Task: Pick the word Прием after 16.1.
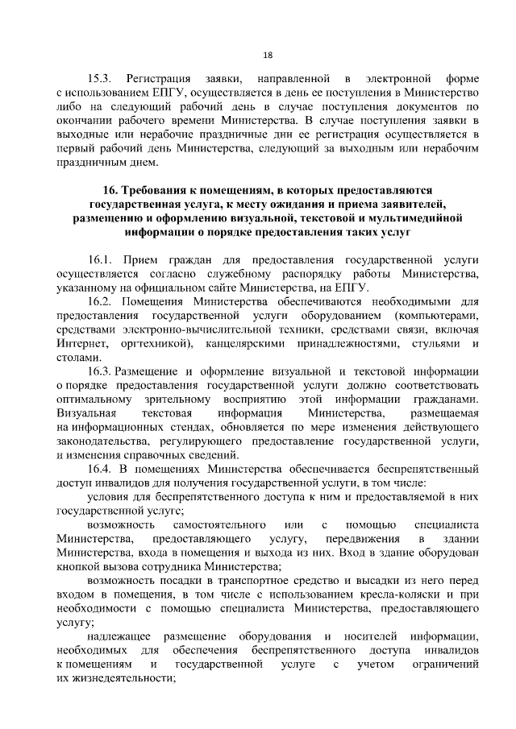click(141, 260)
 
